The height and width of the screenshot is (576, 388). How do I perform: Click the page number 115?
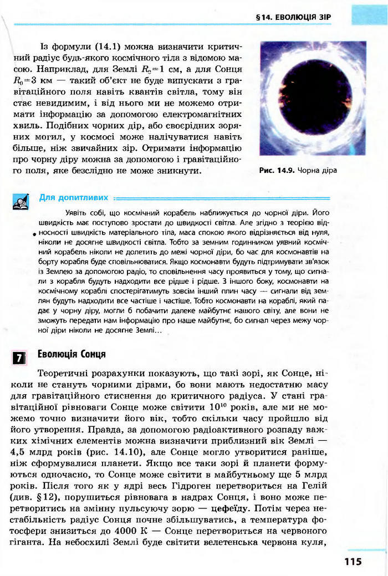point(352,562)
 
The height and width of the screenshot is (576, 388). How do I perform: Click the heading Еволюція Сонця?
point(72,354)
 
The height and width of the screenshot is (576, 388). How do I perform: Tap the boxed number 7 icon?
point(19,357)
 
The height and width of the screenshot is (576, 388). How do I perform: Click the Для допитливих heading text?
point(74,197)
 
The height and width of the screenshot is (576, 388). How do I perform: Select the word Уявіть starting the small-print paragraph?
point(75,213)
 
